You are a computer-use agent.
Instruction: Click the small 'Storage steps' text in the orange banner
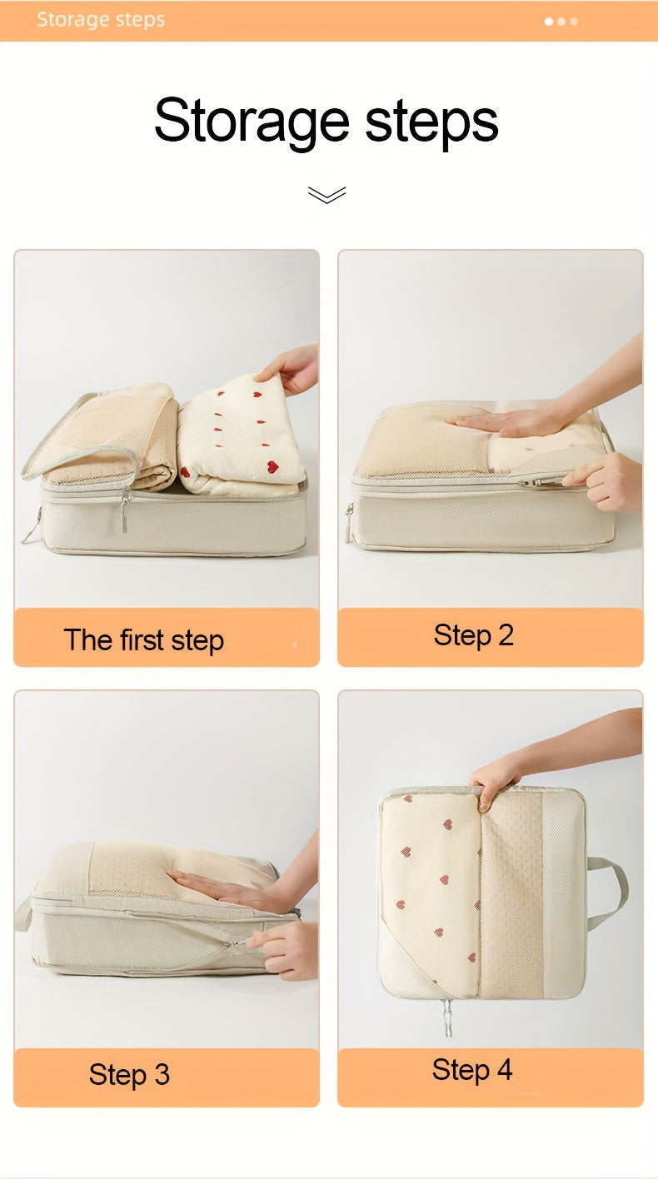click(101, 20)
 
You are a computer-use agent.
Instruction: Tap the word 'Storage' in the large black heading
click(252, 122)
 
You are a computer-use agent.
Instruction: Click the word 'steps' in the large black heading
click(431, 122)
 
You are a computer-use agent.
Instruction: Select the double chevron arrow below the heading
click(327, 194)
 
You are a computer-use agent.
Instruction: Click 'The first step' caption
click(144, 640)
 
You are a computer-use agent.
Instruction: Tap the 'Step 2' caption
click(473, 635)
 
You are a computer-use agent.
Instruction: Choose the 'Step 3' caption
click(129, 1074)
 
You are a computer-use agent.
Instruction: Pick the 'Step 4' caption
click(471, 1070)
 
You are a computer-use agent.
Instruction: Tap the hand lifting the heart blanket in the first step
click(291, 367)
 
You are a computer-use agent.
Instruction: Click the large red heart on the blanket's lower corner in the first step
click(272, 466)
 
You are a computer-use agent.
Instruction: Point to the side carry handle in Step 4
click(610, 894)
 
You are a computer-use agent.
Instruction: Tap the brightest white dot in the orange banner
click(549, 22)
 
